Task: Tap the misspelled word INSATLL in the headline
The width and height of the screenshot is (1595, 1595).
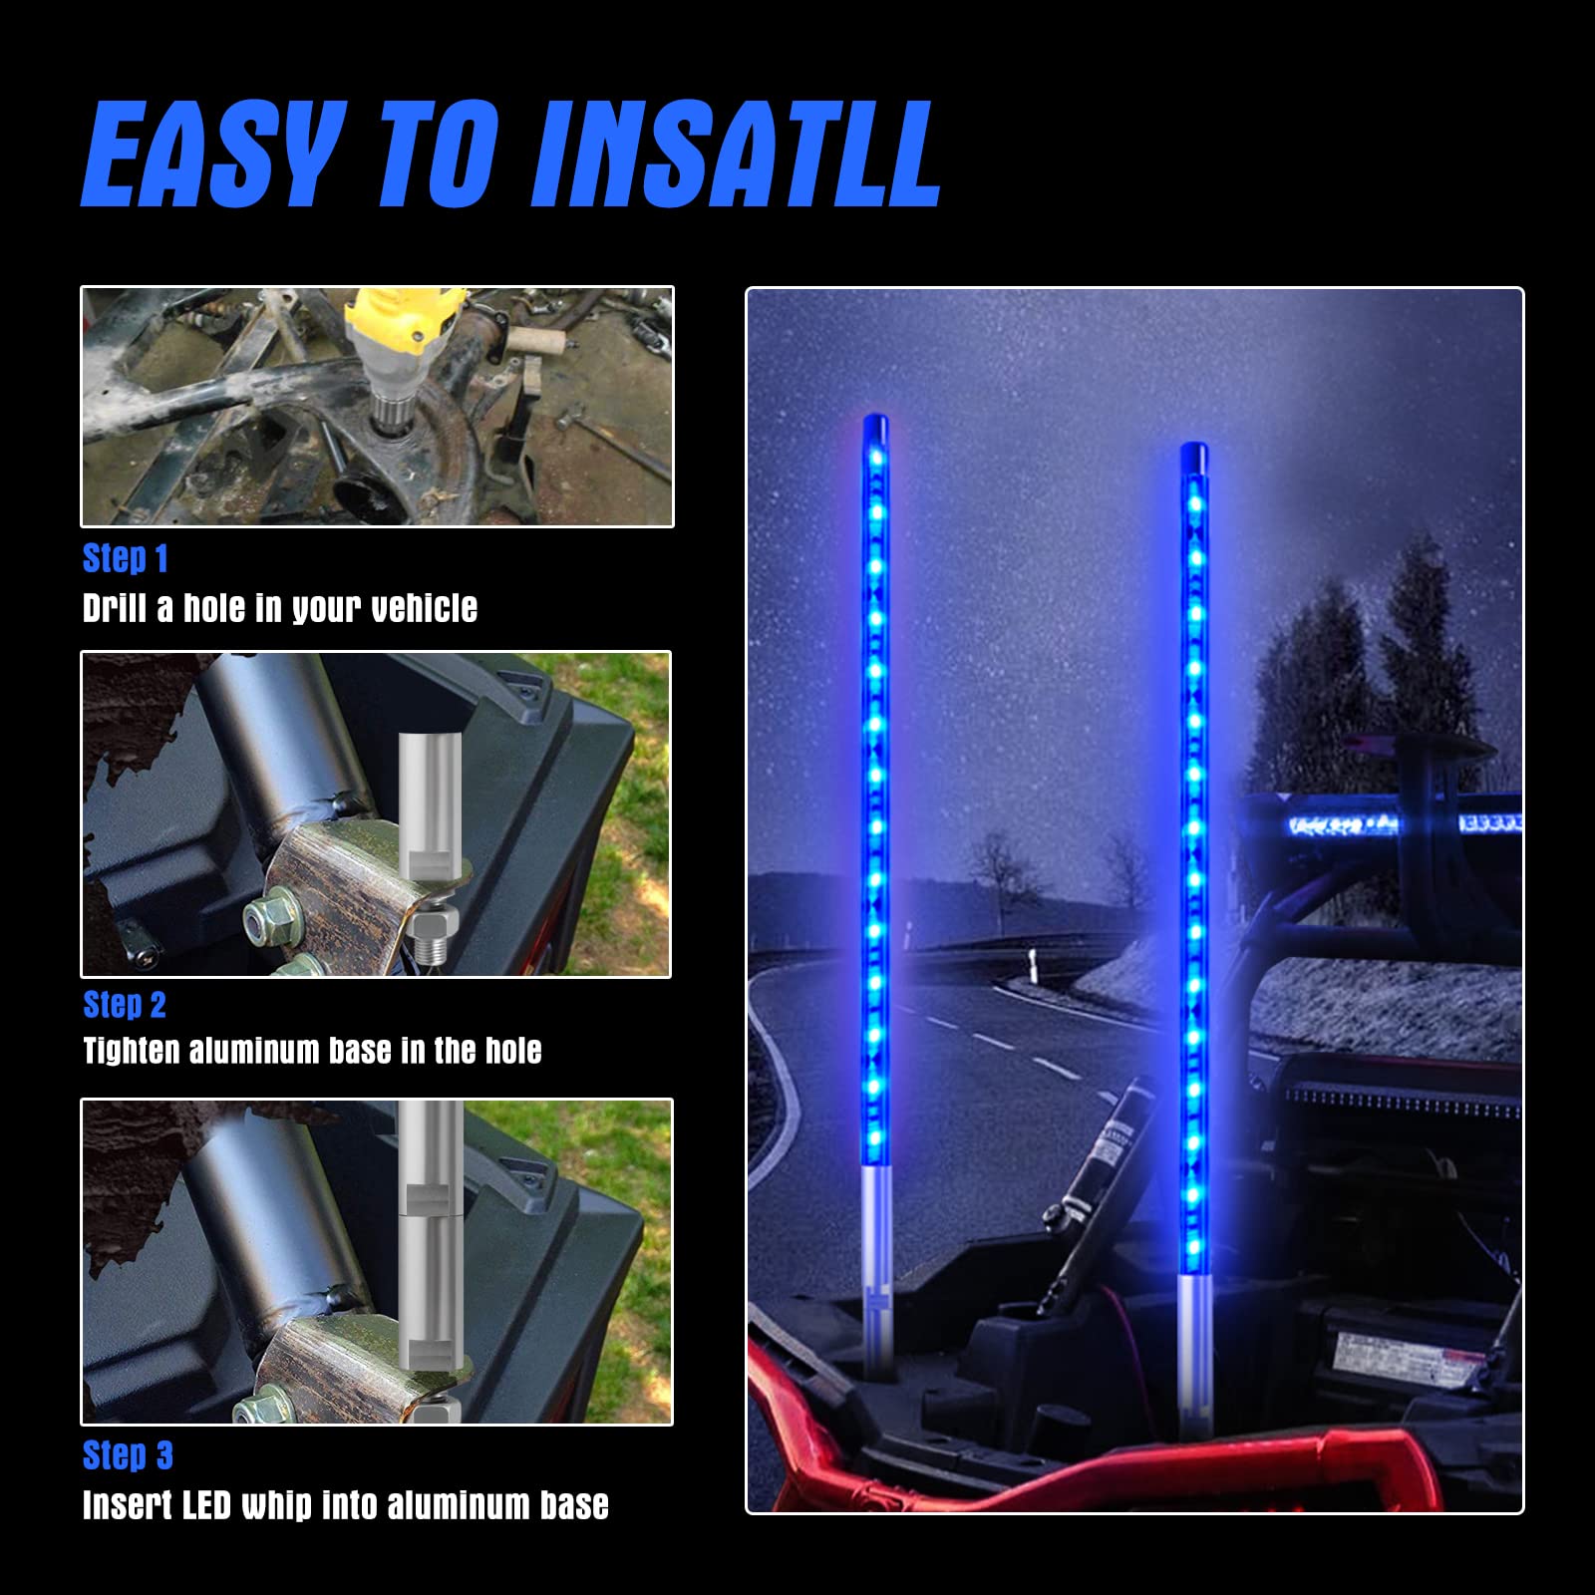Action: (737, 155)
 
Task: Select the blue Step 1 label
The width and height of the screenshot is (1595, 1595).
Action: (126, 558)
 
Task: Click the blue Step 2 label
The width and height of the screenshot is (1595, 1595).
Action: (125, 1005)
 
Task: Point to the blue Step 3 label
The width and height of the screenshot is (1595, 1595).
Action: (128, 1455)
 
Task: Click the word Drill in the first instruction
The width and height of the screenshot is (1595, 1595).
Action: (116, 608)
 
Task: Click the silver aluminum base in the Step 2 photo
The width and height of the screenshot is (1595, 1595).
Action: (428, 827)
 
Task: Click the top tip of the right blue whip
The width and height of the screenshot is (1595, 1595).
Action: (1194, 447)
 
